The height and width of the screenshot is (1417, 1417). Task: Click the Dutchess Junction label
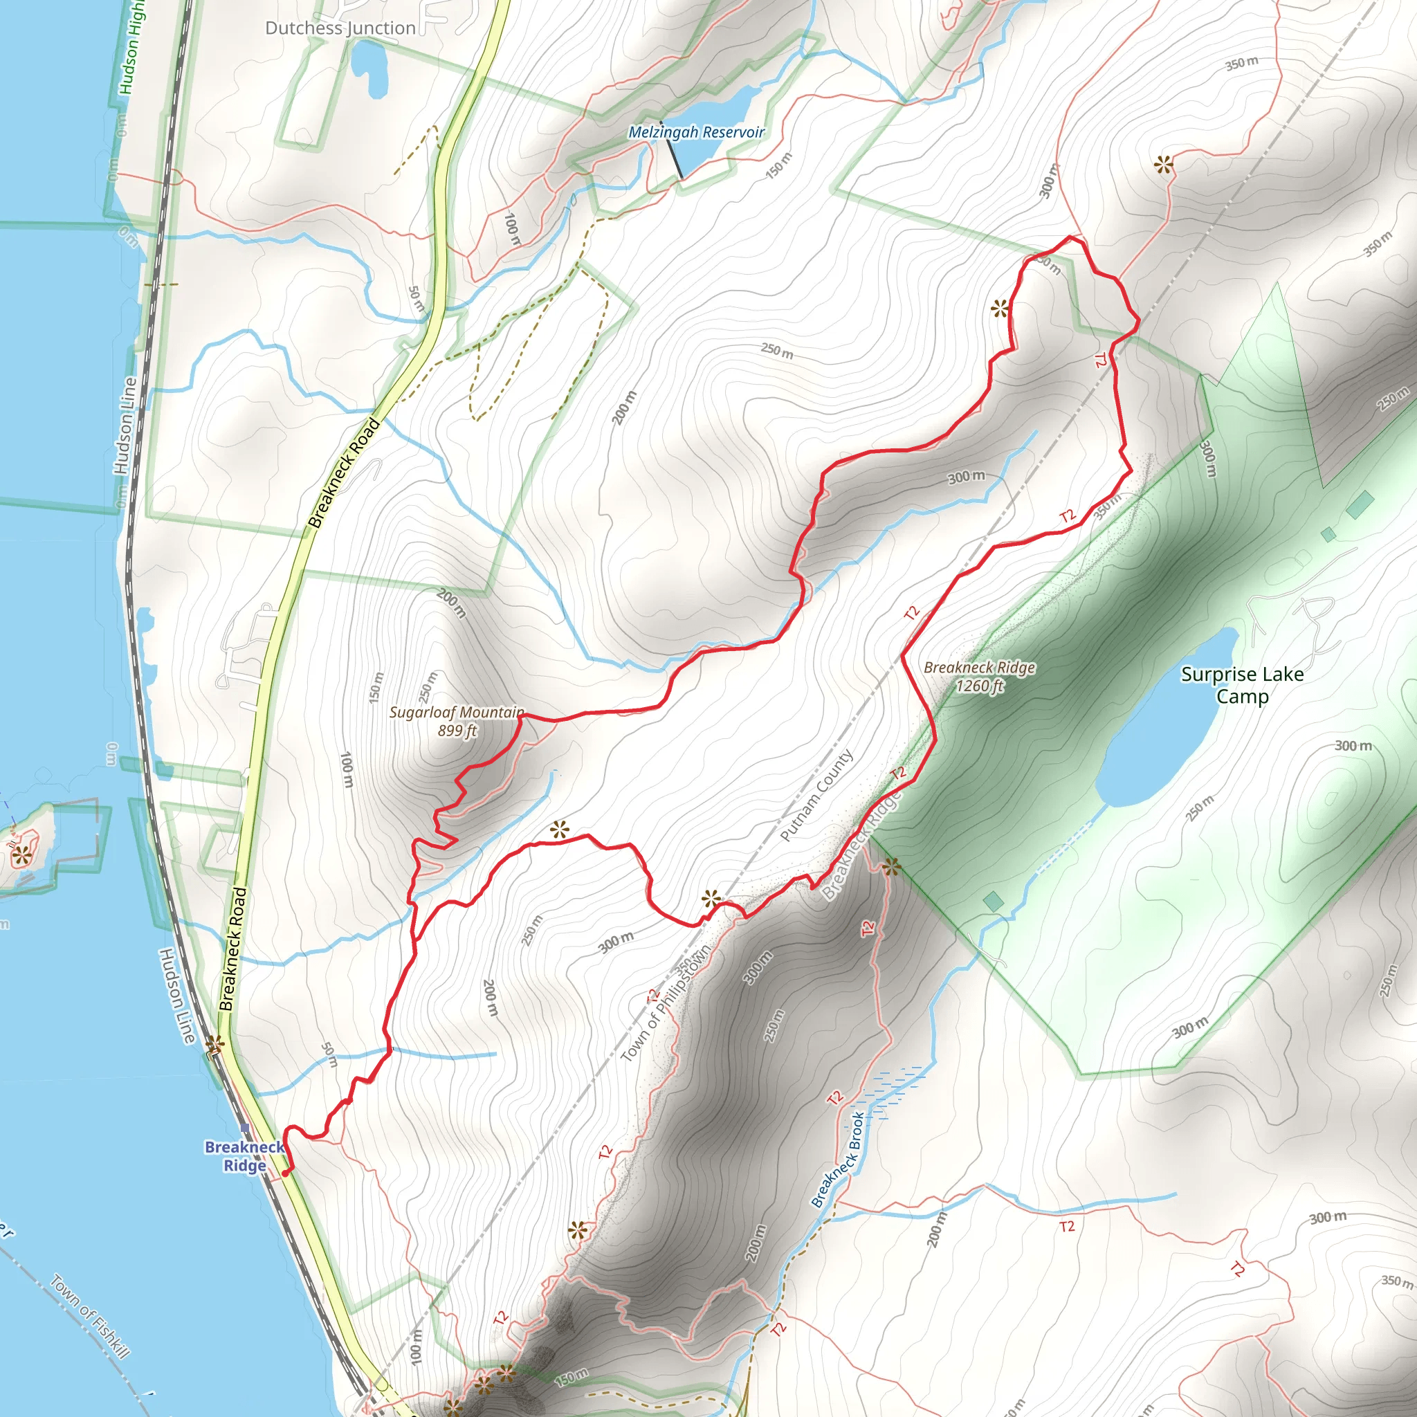tap(340, 28)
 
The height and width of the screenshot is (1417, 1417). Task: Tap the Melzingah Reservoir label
tap(696, 132)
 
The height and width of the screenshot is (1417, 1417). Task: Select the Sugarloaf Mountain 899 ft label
tap(457, 721)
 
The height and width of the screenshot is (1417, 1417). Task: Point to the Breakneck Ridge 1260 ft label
tap(979, 676)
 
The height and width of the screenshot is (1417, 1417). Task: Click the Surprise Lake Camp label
tap(1242, 684)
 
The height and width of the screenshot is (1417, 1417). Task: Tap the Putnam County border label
tap(816, 795)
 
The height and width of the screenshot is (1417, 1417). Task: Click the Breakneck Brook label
tap(838, 1160)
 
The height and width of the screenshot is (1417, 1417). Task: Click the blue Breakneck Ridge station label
tap(244, 1156)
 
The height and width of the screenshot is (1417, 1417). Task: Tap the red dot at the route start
tap(285, 1173)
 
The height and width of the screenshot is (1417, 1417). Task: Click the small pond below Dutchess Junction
tap(368, 68)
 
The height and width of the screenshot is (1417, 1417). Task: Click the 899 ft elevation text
tap(457, 731)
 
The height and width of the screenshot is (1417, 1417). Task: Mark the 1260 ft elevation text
tap(979, 686)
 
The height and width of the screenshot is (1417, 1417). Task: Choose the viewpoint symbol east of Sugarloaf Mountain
tap(560, 830)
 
